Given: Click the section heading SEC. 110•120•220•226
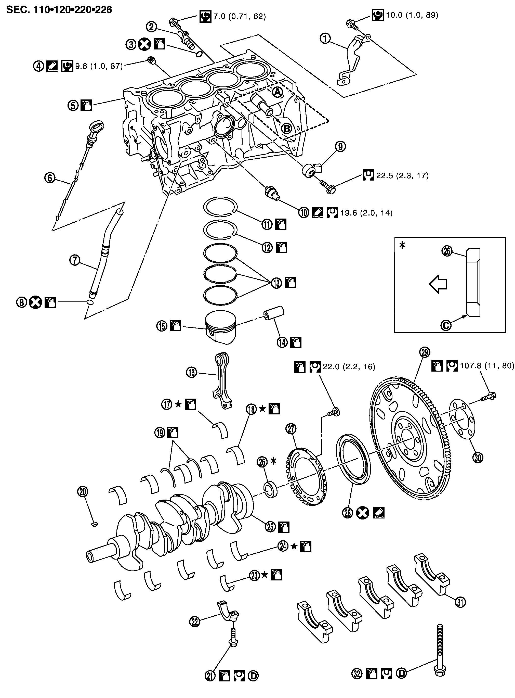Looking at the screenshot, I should click(59, 10).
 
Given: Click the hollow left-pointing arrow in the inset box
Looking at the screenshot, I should click(438, 284).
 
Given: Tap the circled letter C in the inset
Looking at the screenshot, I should click(446, 325).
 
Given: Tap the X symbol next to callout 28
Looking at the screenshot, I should click(363, 513).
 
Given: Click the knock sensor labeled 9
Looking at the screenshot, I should click(310, 170).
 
